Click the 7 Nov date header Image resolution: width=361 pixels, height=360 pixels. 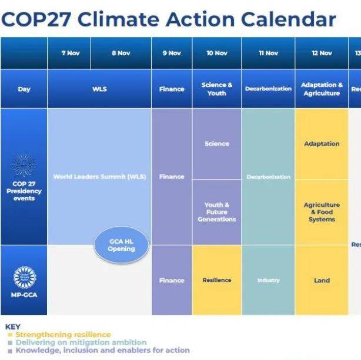tap(71, 53)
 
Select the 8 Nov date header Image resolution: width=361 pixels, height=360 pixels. tap(121, 53)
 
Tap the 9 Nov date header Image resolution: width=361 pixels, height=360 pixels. tap(172, 53)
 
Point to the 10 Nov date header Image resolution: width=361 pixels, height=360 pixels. tap(216, 53)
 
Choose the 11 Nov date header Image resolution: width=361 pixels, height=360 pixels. tap(268, 53)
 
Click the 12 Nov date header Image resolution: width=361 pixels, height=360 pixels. tap(322, 53)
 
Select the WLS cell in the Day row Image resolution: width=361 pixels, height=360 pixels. tap(99, 89)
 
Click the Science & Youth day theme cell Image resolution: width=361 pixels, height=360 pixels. tap(216, 89)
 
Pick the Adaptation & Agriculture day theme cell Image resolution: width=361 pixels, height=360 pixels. tap(322, 89)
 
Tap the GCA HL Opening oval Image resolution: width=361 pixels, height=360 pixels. tap(121, 245)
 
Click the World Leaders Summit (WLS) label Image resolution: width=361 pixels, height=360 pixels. tap(99, 176)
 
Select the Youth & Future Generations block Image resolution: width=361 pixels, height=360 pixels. tap(216, 212)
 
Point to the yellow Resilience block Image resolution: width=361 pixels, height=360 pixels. tap(216, 280)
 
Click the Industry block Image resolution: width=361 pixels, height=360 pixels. tap(268, 280)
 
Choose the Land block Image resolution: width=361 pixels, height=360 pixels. tap(322, 280)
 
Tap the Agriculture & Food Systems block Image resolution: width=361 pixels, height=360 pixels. tap(322, 212)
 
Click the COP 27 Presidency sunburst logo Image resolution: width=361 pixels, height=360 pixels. tap(24, 166)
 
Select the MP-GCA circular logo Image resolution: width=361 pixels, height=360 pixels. tap(24, 276)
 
